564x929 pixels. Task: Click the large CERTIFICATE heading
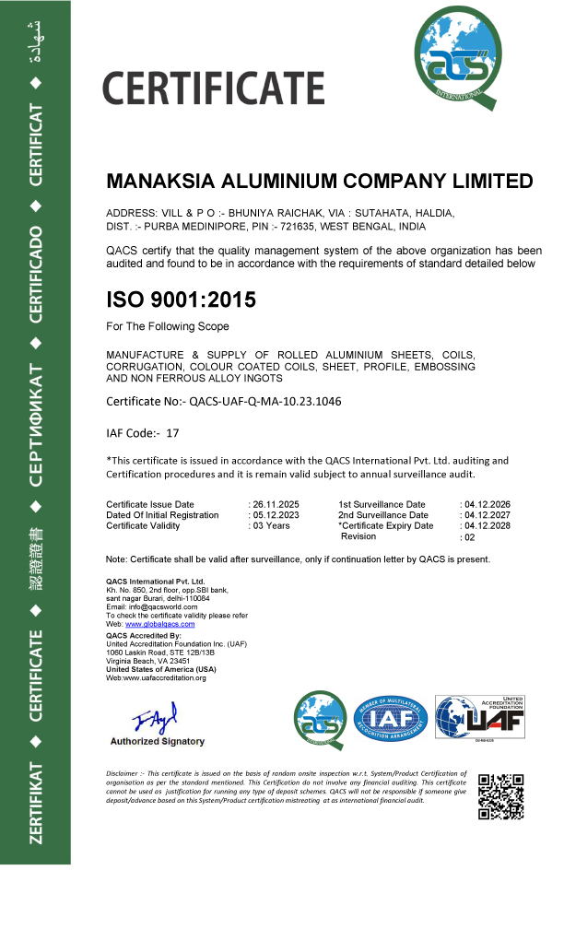click(x=213, y=88)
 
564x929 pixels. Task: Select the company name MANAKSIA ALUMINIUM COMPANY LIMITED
click(x=320, y=181)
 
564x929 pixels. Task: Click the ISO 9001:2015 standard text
click(x=182, y=300)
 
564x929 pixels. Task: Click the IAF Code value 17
click(x=172, y=431)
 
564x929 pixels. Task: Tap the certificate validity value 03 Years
click(x=272, y=526)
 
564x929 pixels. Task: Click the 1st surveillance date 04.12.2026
click(x=487, y=504)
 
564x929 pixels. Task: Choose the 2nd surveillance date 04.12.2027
click(x=487, y=515)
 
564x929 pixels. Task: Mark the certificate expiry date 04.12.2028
click(x=487, y=526)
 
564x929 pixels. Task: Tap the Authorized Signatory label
click(x=158, y=741)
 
